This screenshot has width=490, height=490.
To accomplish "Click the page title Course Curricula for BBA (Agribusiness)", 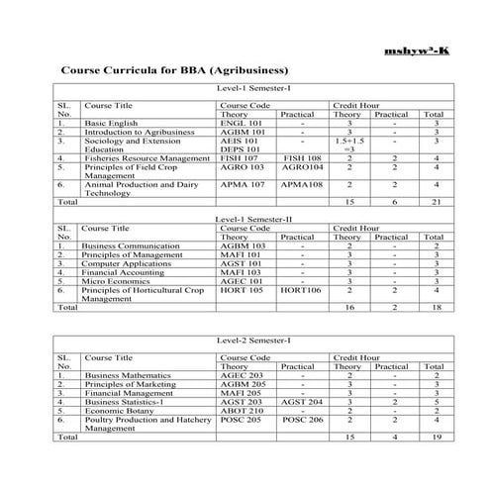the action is click(174, 71).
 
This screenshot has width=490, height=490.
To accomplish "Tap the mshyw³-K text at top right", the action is click(421, 49).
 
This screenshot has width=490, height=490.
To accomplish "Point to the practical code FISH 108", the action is click(301, 156).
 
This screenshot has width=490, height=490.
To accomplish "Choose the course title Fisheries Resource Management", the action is click(147, 156).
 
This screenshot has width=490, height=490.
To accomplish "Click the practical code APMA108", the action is click(301, 182).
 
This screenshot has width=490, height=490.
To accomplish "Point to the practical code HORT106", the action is click(301, 289).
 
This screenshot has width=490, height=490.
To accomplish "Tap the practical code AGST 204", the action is click(301, 403).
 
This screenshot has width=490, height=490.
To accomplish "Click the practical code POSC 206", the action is click(301, 421).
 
